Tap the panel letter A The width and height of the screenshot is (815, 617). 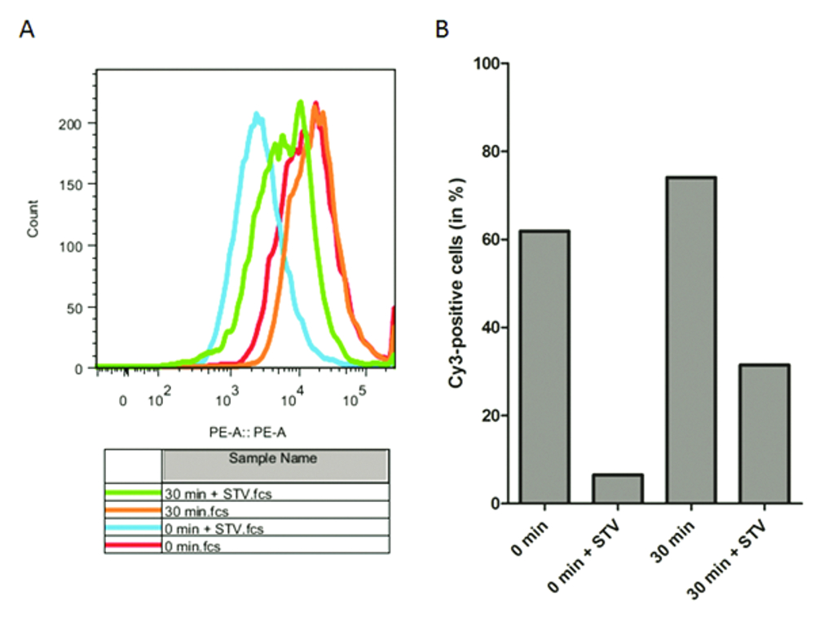27,31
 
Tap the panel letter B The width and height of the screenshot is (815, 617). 443,31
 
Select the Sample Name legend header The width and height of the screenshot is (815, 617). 273,459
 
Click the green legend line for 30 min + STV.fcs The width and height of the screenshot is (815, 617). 134,491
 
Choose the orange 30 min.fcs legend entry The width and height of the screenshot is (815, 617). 134,510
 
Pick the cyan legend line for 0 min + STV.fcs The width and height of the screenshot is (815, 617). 134,528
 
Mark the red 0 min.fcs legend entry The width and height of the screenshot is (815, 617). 134,546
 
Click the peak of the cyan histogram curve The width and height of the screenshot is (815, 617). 257,115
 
